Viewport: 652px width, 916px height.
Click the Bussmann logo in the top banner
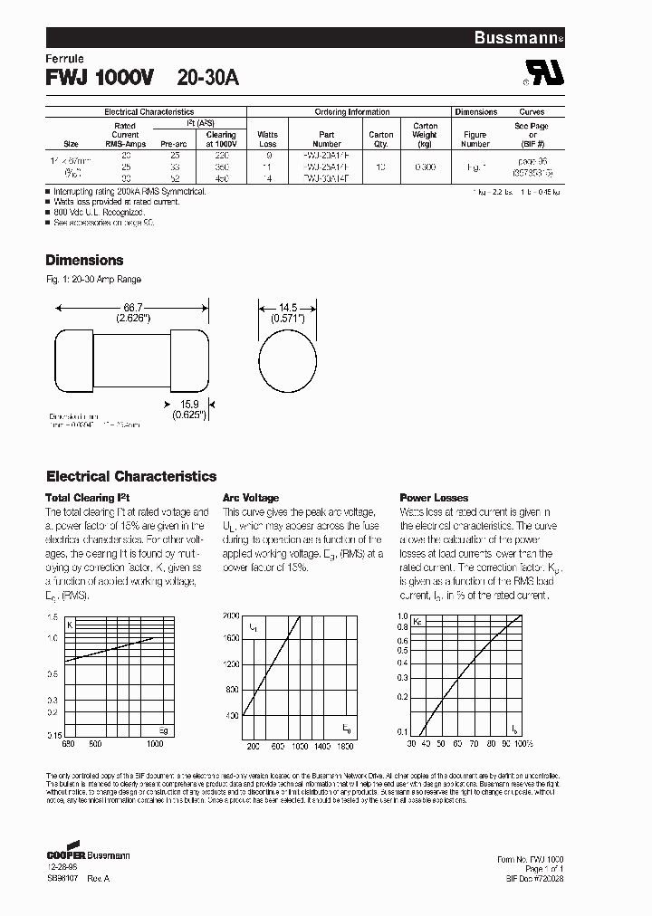[519, 37]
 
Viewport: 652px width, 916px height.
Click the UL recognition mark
[543, 77]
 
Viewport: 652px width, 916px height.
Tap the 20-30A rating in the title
[208, 79]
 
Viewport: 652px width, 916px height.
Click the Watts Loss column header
[268, 139]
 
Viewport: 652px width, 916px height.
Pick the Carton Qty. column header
[381, 139]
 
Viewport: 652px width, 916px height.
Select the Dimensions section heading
[84, 260]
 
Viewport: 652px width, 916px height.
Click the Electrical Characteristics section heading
[131, 476]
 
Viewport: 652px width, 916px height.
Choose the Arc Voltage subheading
[251, 498]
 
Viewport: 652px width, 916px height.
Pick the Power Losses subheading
[434, 498]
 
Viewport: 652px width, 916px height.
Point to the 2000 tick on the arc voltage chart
[231, 615]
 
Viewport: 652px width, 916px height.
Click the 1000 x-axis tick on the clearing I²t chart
[155, 743]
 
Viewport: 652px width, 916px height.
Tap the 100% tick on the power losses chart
[522, 743]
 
